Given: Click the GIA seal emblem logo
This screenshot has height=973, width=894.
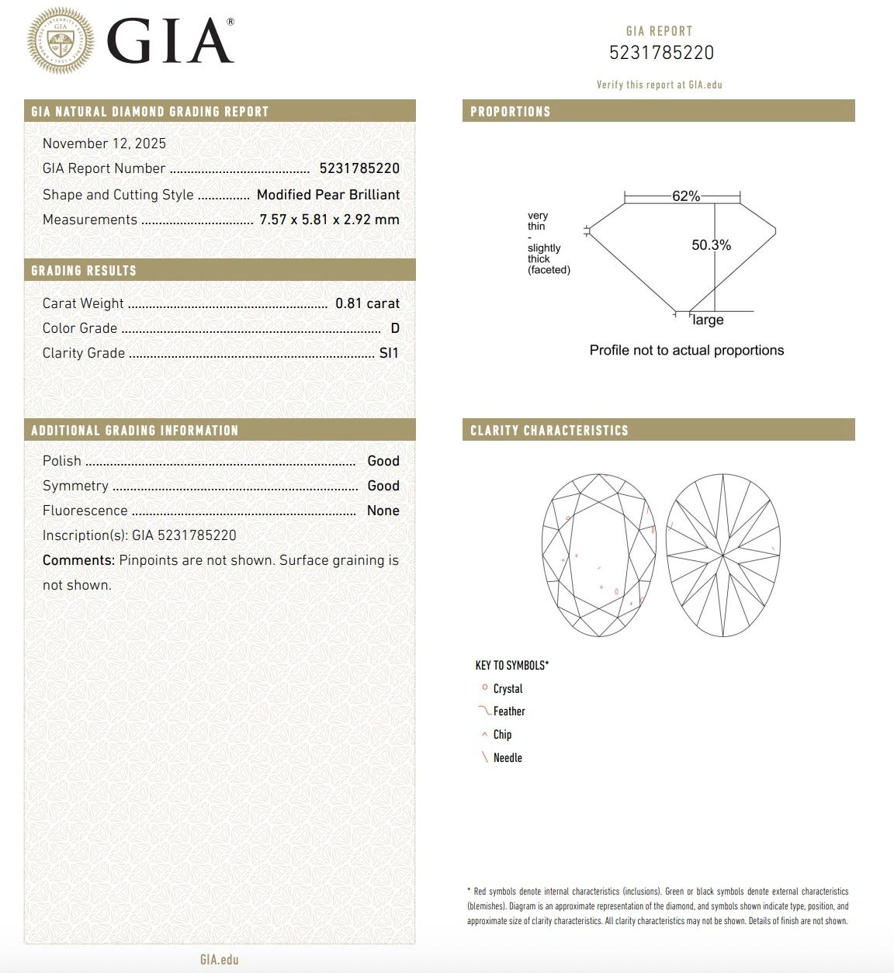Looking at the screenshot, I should (61, 41).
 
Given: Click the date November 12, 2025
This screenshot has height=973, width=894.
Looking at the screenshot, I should (104, 144).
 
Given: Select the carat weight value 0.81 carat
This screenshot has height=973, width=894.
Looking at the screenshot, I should (367, 303).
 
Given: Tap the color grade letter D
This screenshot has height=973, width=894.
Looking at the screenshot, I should (395, 328).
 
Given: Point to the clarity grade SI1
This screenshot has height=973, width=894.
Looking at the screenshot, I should (389, 353).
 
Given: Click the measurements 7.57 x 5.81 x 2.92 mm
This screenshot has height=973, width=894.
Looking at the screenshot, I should (329, 220).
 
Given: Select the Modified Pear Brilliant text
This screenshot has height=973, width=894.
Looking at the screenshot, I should (328, 195).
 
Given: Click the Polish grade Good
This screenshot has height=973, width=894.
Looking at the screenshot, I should (383, 461).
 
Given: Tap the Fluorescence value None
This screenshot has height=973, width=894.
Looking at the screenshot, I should (383, 511).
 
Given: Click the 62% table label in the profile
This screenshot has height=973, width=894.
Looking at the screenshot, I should (686, 196).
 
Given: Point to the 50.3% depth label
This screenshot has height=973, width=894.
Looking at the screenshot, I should (711, 245).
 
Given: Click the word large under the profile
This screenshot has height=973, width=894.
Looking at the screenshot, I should (708, 320).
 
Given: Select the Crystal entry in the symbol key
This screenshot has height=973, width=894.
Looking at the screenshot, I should (508, 689).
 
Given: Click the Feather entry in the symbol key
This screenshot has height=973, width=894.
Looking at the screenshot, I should (509, 712).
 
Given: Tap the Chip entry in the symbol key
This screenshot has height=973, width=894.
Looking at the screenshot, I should (502, 735).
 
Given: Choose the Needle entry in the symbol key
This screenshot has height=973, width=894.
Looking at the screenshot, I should (508, 758).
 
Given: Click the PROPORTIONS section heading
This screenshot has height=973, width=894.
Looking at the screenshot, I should (511, 112).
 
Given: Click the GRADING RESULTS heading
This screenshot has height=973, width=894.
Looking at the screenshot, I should (84, 271).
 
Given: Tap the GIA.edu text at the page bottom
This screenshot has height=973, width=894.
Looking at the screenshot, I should (220, 960).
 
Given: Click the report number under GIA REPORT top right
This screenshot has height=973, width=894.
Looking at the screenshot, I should (661, 53).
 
